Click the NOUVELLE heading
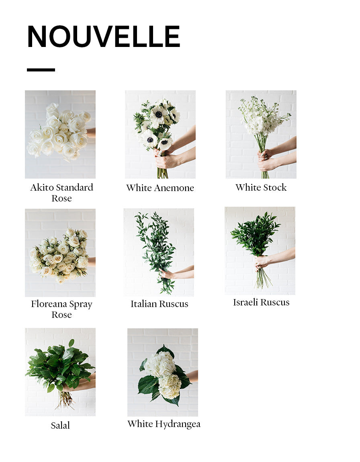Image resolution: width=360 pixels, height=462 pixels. point(104,36)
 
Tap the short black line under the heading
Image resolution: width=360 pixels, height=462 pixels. point(41,70)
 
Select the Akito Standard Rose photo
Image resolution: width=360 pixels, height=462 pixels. point(60,134)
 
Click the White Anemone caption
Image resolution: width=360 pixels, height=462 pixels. point(160,188)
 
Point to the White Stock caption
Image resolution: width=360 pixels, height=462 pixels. point(261,187)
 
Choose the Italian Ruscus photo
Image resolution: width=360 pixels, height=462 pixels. point(159,252)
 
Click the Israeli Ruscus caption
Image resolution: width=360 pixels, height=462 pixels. point(261,302)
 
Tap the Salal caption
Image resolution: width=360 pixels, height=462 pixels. point(60,425)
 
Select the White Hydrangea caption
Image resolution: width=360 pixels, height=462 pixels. point(164,424)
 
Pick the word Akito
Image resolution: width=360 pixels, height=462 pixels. point(42,187)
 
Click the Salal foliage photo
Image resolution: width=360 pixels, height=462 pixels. point(60,372)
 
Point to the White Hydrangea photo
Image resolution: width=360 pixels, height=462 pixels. point(163,372)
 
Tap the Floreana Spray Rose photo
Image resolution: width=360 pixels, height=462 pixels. point(60,253)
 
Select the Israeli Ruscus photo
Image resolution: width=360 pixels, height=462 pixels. point(260,251)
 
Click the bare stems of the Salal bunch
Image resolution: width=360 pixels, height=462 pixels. point(65,400)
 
